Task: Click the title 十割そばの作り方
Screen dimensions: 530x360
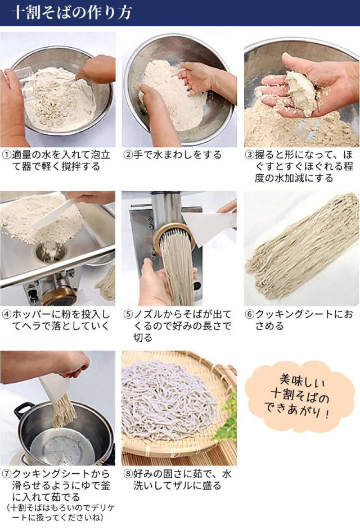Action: [71, 13]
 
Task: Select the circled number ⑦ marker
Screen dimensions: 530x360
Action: [6, 474]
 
